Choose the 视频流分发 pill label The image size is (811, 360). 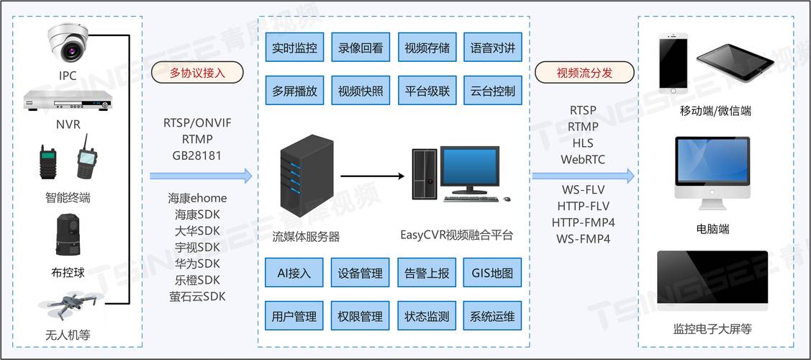[584, 73]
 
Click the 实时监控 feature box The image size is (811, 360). [294, 49]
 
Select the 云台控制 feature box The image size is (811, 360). [492, 91]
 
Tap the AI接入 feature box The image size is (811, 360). [294, 273]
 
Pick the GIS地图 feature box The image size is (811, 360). [492, 273]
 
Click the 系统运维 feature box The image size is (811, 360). [492, 316]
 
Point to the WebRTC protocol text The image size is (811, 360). [583, 159]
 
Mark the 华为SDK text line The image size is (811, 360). [197, 264]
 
